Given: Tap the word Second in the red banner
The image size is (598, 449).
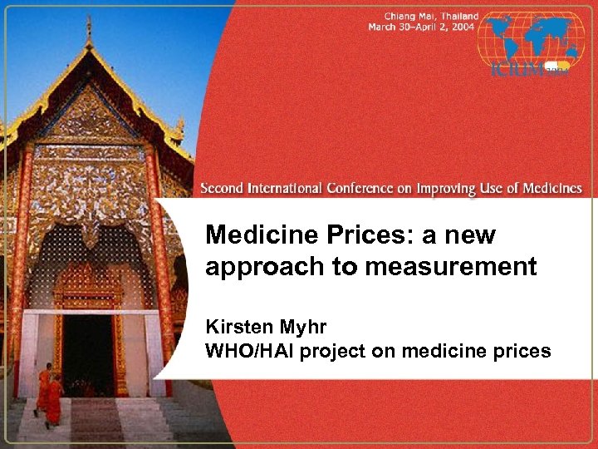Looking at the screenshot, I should pos(222,188).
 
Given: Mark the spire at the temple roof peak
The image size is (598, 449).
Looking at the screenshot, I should pos(89,29).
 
